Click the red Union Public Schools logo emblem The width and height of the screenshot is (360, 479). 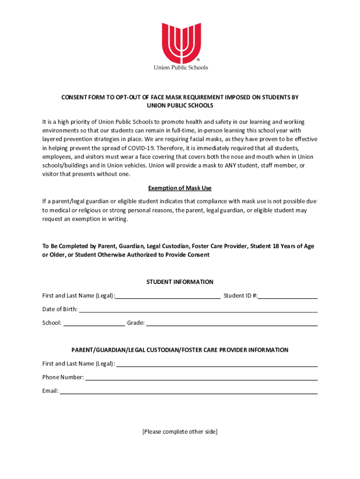coord(181,43)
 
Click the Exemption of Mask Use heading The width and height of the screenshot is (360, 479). coord(180,188)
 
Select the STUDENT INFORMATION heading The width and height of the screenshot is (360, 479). coord(180,282)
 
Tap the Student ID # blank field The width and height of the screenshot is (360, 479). coord(288,296)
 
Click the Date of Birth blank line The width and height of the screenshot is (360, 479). coord(198,310)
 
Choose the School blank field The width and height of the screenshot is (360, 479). coord(94,323)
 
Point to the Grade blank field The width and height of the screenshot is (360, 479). coord(232,323)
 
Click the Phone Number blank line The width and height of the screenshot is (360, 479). coord(202,377)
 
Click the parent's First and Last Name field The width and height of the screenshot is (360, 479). coord(217,364)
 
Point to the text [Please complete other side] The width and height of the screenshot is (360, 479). coord(180,432)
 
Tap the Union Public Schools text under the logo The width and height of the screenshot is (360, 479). coord(181,67)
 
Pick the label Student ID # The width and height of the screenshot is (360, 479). coord(240,296)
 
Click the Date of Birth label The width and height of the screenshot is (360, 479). coord(60,310)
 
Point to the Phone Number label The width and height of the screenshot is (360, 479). coord(63,377)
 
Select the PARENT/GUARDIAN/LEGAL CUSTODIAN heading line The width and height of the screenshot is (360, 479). coord(180,350)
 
